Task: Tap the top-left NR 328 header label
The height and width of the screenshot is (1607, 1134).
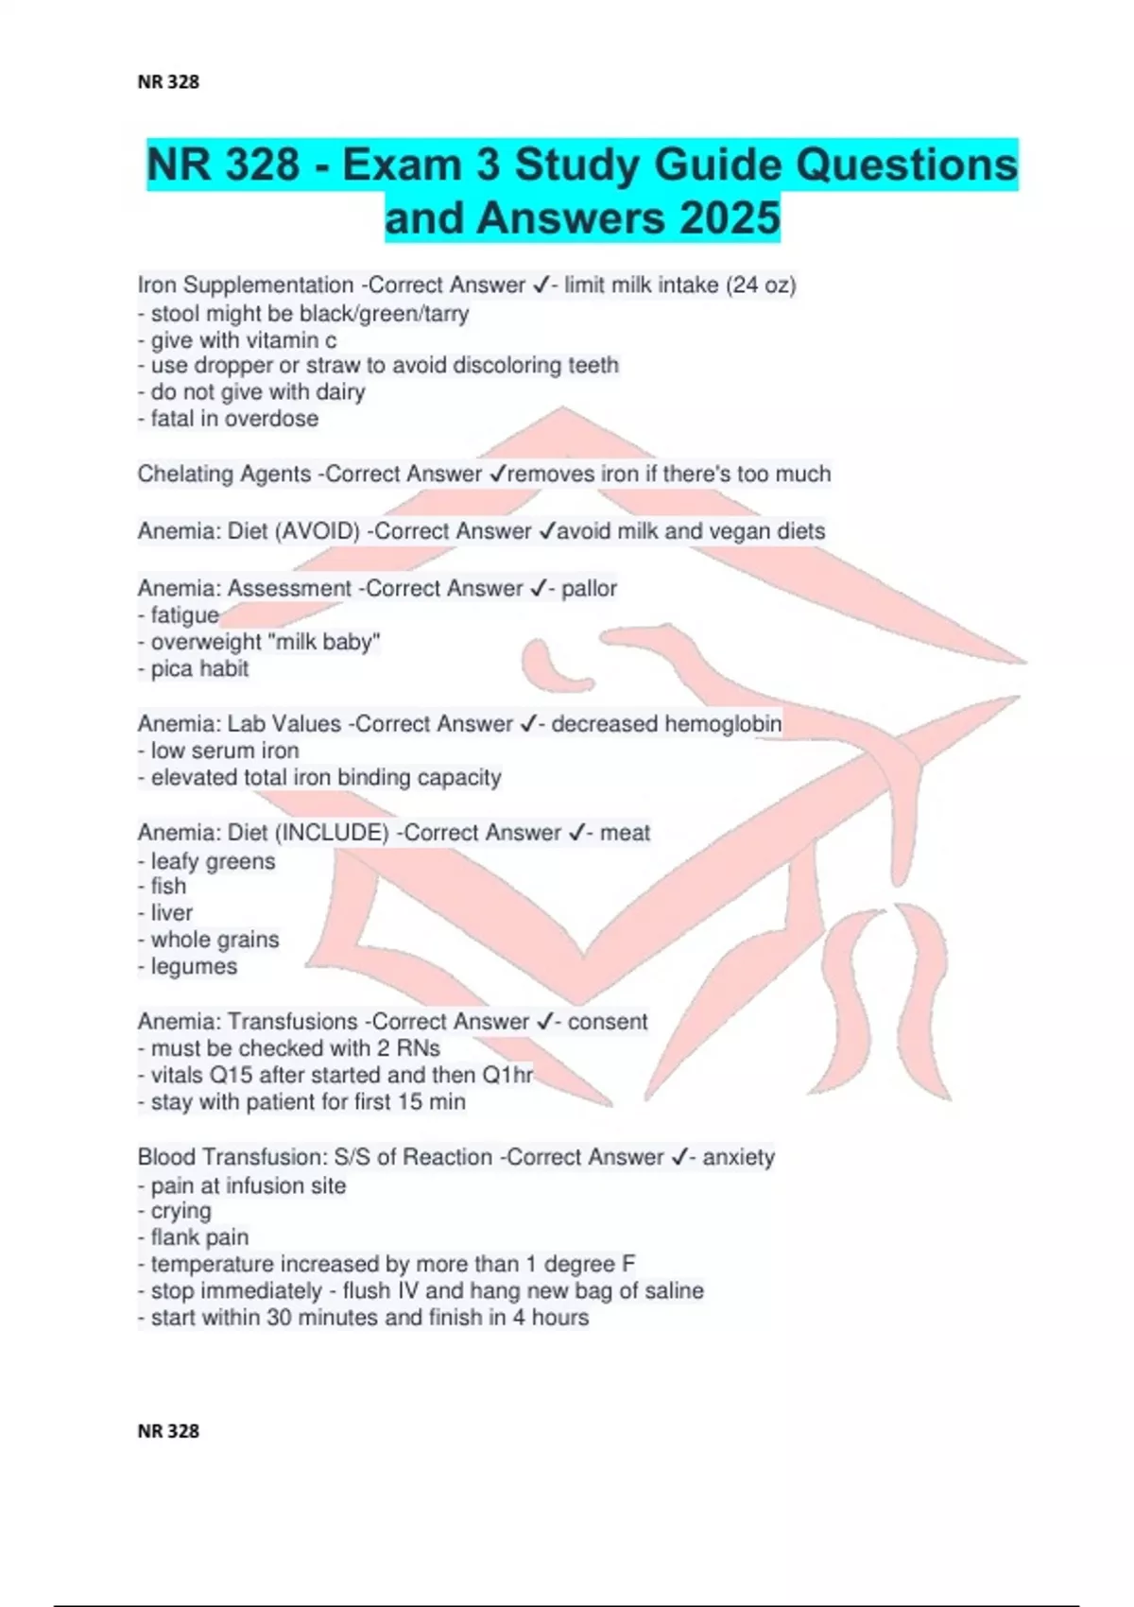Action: tap(168, 82)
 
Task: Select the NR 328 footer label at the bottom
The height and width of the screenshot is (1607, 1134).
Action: tap(168, 1431)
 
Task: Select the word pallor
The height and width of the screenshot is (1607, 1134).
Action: tap(589, 588)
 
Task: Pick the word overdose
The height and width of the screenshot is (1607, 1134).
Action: tap(273, 419)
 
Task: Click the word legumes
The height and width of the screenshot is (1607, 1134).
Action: tap(194, 967)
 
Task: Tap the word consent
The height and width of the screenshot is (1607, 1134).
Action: tap(608, 1022)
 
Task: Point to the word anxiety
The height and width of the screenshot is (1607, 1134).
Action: tap(738, 1157)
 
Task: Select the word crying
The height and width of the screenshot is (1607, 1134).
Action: tap(180, 1211)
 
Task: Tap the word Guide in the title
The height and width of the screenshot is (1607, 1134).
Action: tap(717, 165)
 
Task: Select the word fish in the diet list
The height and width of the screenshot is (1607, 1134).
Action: tap(168, 887)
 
